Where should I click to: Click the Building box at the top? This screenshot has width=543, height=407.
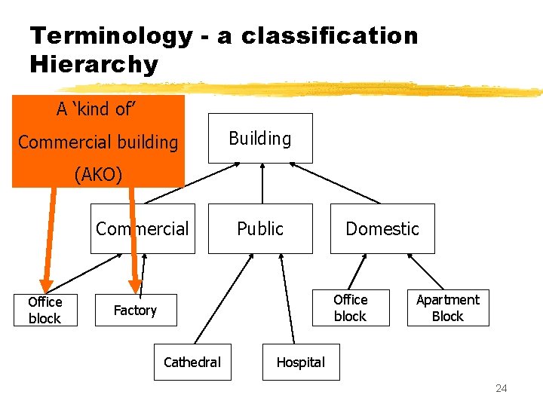tap(259, 138)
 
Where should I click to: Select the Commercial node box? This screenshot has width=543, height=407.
tap(143, 228)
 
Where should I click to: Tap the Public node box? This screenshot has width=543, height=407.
tap(260, 228)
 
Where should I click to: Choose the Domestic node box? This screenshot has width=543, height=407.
tap(382, 228)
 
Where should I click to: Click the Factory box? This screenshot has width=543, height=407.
tap(135, 310)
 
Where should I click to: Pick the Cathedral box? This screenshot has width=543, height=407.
tap(192, 362)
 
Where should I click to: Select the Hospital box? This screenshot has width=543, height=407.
tap(300, 362)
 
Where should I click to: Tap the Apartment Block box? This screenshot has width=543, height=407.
tap(448, 308)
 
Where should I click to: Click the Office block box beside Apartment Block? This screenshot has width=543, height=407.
tap(350, 308)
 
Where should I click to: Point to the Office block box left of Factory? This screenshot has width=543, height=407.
tap(44, 310)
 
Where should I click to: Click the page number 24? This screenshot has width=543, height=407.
tap(501, 388)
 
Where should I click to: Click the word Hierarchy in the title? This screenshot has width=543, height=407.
tap(94, 64)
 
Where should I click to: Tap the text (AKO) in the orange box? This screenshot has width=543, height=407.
tap(98, 174)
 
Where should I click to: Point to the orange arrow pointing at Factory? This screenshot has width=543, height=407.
tap(133, 241)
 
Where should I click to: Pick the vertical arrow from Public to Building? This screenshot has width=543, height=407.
tap(261, 183)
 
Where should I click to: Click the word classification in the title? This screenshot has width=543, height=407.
tap(330, 35)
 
